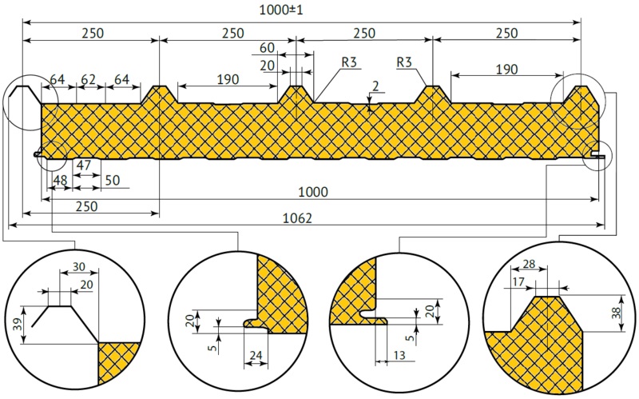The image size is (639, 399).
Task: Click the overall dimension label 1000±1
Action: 281,10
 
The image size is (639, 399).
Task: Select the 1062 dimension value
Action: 297,218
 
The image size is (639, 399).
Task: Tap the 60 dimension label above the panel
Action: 267,48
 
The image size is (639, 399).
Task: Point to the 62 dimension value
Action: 89,78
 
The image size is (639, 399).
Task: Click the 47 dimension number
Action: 83,166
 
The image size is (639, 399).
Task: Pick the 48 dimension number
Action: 60,181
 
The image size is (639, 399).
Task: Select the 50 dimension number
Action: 113,181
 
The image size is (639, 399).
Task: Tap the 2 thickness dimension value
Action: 375,86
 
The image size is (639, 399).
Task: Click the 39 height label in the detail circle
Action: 17,325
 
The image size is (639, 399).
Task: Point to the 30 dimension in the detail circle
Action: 78,267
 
